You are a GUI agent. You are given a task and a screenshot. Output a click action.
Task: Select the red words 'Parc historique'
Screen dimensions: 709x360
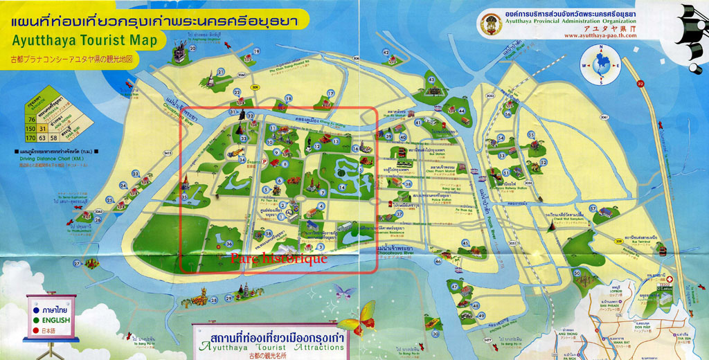tap(278, 258)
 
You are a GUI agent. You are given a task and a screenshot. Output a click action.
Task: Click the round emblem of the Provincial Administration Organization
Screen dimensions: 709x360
tap(491, 24)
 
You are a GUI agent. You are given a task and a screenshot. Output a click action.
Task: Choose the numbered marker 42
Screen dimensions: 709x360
tap(386, 52)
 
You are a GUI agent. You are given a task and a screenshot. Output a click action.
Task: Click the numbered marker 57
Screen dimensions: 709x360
tap(593, 208)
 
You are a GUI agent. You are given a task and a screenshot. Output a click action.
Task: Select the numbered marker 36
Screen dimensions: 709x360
tap(229, 244)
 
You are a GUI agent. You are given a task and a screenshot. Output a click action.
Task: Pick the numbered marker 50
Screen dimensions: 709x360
tap(576, 273)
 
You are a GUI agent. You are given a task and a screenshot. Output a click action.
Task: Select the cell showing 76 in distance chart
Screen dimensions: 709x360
tap(30, 119)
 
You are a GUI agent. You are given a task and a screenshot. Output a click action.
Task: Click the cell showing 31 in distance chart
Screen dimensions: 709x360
tap(42, 128)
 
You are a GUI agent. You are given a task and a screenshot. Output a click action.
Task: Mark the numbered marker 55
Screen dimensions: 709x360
tap(530, 134)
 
